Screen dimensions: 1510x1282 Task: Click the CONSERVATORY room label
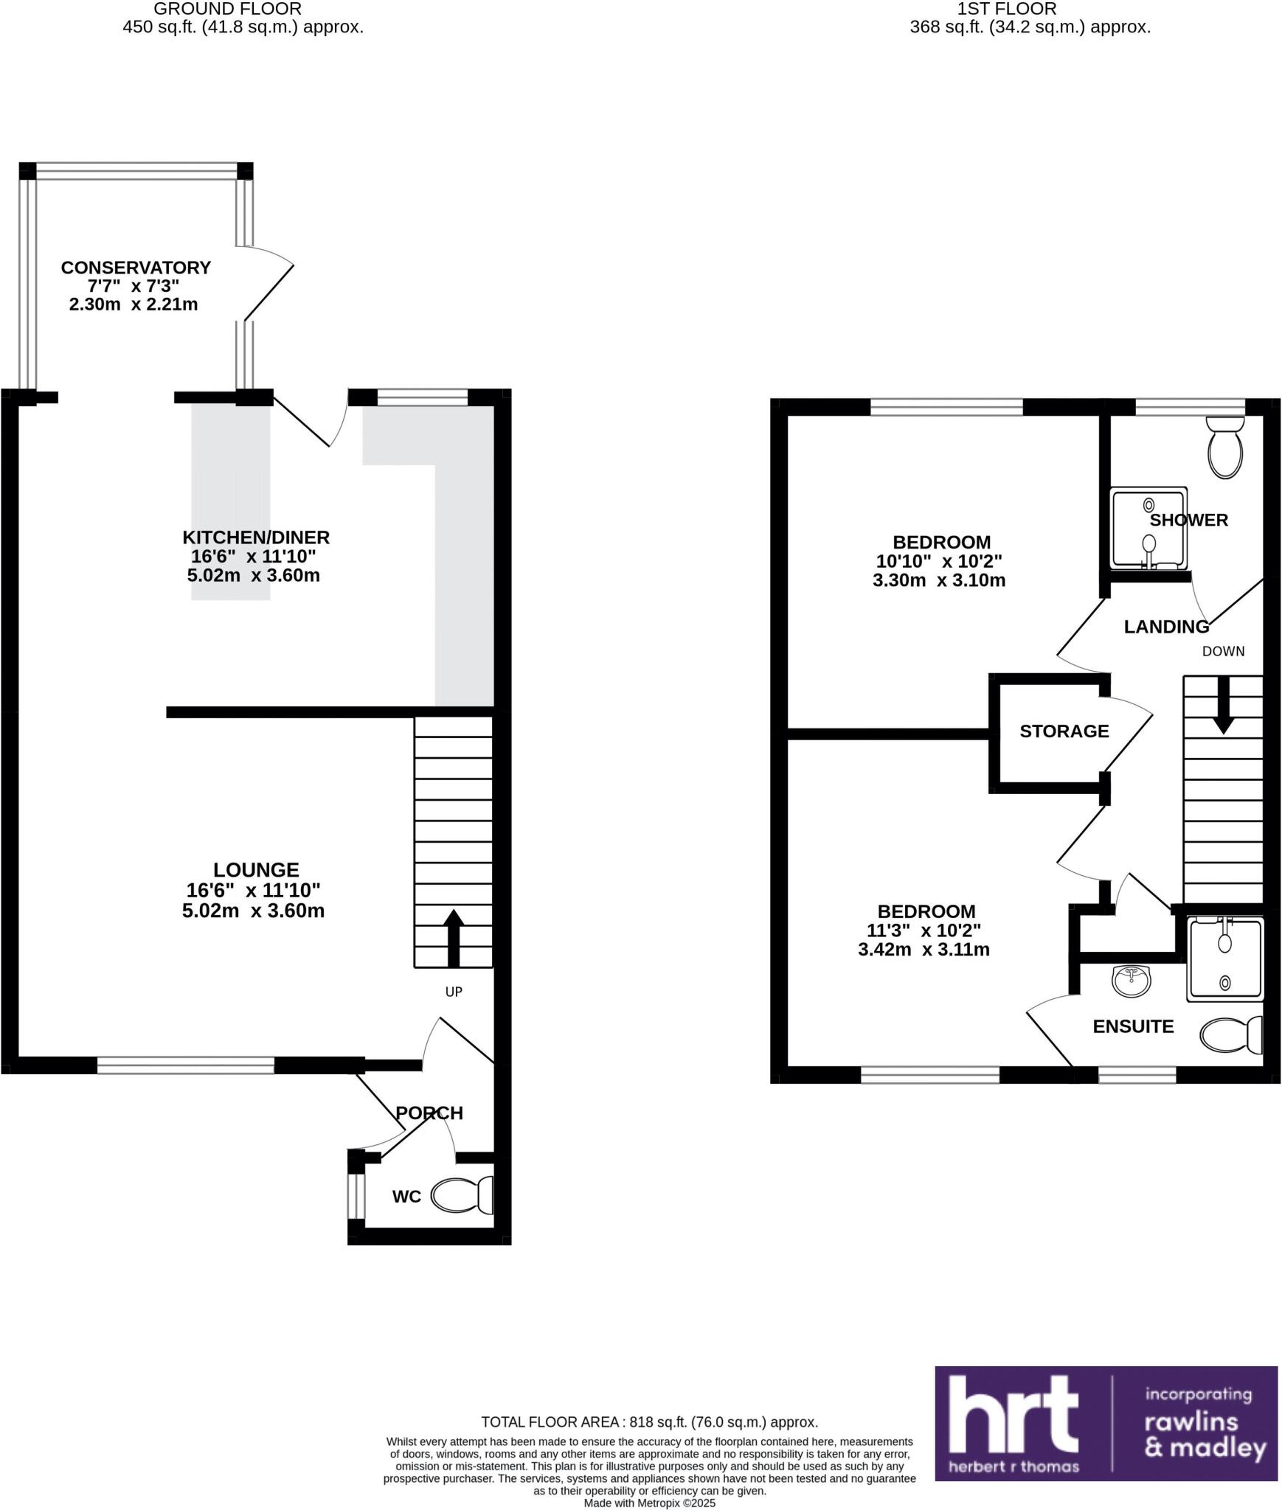point(136,268)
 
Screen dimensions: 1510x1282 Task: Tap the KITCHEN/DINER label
point(255,537)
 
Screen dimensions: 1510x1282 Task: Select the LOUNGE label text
point(256,870)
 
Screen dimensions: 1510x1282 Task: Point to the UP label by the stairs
point(454,992)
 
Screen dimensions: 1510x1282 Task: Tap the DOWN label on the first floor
point(1223,651)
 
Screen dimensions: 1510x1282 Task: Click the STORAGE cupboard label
point(1064,731)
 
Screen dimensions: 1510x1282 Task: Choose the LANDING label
point(1166,627)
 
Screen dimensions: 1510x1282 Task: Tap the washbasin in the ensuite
point(1130,981)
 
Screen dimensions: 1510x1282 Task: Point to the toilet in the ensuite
point(1230,1035)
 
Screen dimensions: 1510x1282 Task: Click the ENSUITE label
point(1133,1026)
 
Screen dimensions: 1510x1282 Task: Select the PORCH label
point(429,1113)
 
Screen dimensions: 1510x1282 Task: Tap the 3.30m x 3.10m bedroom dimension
point(938,580)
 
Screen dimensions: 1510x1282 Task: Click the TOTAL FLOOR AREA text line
point(649,1422)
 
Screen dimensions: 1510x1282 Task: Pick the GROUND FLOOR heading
point(227,10)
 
